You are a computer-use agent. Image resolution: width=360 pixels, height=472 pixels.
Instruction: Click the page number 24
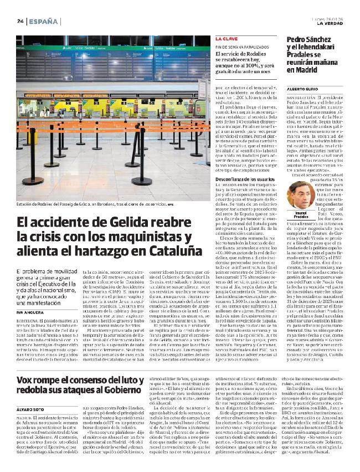pos(19,21)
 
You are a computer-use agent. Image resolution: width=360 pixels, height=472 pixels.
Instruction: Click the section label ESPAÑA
pos(44,21)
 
